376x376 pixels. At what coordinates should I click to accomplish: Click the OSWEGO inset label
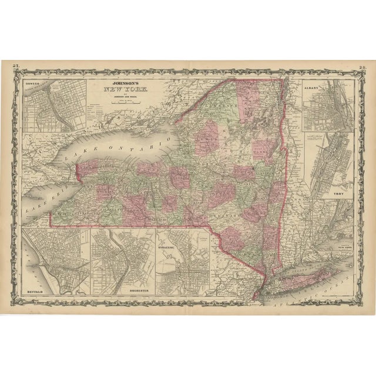coord(34,85)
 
